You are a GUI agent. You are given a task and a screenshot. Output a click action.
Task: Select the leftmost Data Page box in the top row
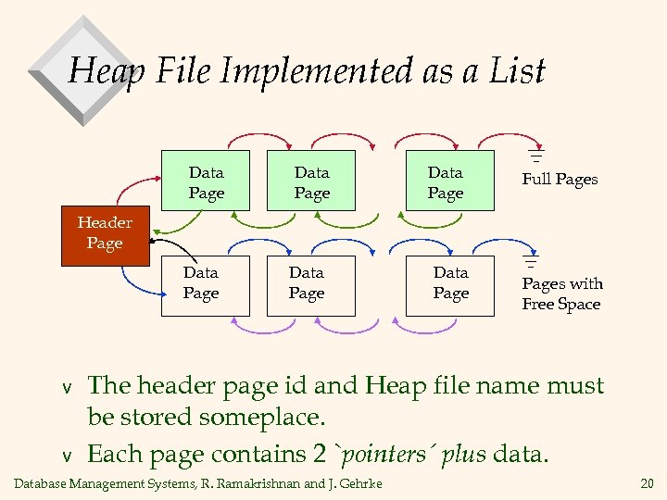(x=206, y=182)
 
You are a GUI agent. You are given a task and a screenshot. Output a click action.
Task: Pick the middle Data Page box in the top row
(x=311, y=182)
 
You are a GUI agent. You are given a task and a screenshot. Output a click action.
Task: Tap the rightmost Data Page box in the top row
(x=445, y=182)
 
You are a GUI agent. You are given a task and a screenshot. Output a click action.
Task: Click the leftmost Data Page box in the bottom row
(x=200, y=283)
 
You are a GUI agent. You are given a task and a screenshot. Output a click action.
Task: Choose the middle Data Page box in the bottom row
(x=306, y=283)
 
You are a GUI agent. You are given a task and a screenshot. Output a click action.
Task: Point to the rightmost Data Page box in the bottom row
(x=450, y=283)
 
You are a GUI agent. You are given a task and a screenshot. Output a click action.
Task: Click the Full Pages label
(x=560, y=180)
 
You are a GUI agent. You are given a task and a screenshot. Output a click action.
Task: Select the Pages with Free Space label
(x=561, y=294)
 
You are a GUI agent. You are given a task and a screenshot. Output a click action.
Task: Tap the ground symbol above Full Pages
(x=535, y=154)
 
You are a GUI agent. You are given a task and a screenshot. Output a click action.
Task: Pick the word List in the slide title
(x=517, y=70)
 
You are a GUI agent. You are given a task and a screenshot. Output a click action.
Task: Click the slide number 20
(x=646, y=483)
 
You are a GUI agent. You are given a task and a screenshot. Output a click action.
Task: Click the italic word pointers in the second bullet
(x=378, y=455)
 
